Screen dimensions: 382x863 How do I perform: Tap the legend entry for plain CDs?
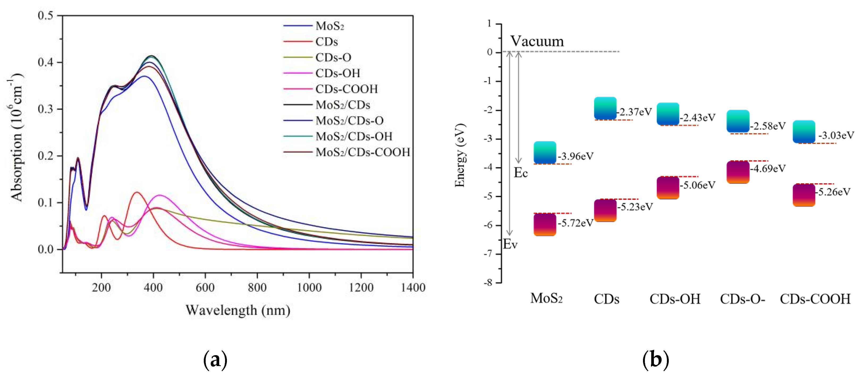point(326,42)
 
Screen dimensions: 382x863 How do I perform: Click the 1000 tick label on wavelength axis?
point(309,288)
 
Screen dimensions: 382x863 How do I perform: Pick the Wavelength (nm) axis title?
point(238,310)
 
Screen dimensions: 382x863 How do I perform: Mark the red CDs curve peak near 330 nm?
point(136,193)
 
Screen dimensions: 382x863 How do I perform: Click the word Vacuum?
point(537,41)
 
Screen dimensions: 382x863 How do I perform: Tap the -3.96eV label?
point(576,156)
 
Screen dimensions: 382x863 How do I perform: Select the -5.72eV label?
point(576,223)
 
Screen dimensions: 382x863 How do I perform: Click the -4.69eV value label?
point(768,168)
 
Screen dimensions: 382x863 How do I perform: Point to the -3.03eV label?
point(836,135)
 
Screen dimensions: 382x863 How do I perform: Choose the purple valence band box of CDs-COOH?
point(804,195)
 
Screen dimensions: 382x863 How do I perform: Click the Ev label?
point(510,244)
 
